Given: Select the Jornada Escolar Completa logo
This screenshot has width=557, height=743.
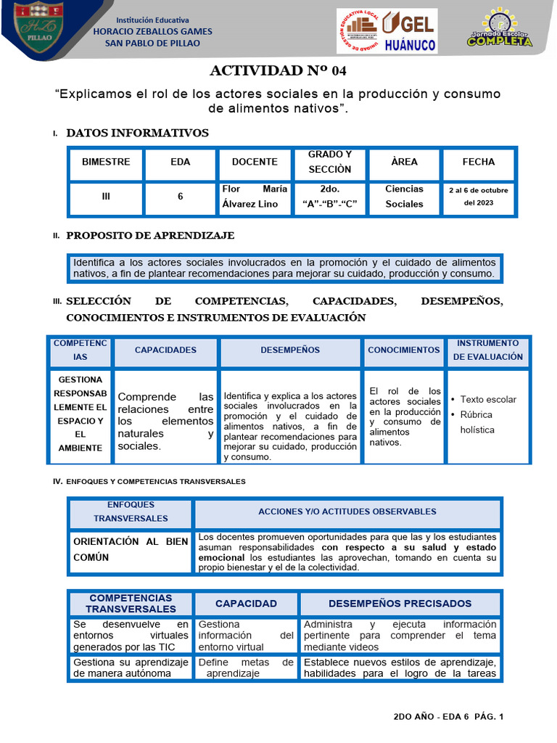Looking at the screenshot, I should [x=499, y=30].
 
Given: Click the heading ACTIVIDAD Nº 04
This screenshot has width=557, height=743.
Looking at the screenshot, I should [x=278, y=70].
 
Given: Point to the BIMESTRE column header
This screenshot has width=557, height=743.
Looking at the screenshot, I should [x=106, y=162].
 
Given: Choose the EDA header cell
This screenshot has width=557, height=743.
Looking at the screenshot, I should [x=181, y=162].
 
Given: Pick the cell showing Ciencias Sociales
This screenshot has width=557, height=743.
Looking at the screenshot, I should [x=404, y=197].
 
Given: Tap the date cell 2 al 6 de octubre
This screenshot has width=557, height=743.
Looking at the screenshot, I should [x=479, y=197].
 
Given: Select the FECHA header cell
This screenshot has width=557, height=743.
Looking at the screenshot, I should [x=479, y=162].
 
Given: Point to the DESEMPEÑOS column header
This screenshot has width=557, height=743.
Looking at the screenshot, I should [x=290, y=350].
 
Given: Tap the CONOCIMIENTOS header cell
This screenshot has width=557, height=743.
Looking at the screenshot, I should [x=404, y=350].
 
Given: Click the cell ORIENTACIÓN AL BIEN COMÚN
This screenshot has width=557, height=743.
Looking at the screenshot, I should [x=130, y=549].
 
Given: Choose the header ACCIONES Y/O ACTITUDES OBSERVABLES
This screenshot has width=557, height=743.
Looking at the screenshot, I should [x=347, y=512].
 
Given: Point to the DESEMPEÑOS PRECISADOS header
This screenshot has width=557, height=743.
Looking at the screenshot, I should [x=400, y=603].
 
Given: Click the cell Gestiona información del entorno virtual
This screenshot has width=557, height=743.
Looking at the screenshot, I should [x=245, y=635].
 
